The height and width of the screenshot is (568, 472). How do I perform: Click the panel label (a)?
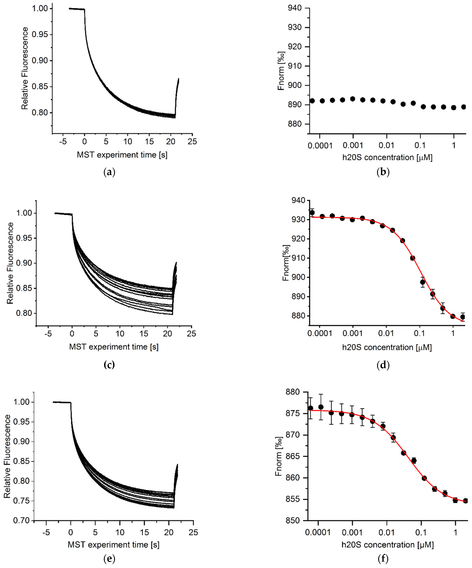(109, 172)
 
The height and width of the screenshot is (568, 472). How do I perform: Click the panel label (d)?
(383, 365)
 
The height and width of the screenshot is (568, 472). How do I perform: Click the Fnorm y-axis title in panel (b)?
(282, 71)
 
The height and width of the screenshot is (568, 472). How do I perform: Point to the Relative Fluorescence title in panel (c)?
(10, 263)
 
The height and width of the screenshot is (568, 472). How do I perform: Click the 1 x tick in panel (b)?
(454, 146)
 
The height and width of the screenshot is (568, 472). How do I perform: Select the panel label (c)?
(109, 365)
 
